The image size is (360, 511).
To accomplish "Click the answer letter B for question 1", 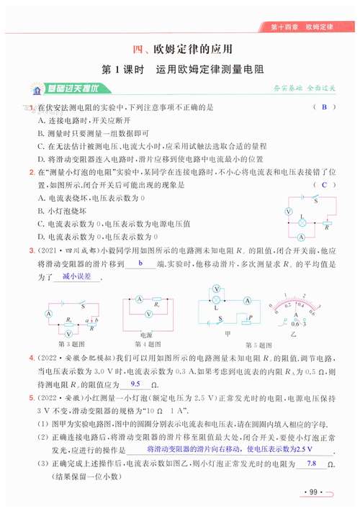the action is pos(325,108).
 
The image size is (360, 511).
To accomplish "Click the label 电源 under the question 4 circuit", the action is pos(146,335).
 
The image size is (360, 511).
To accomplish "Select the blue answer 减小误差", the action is pos(76,276).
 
